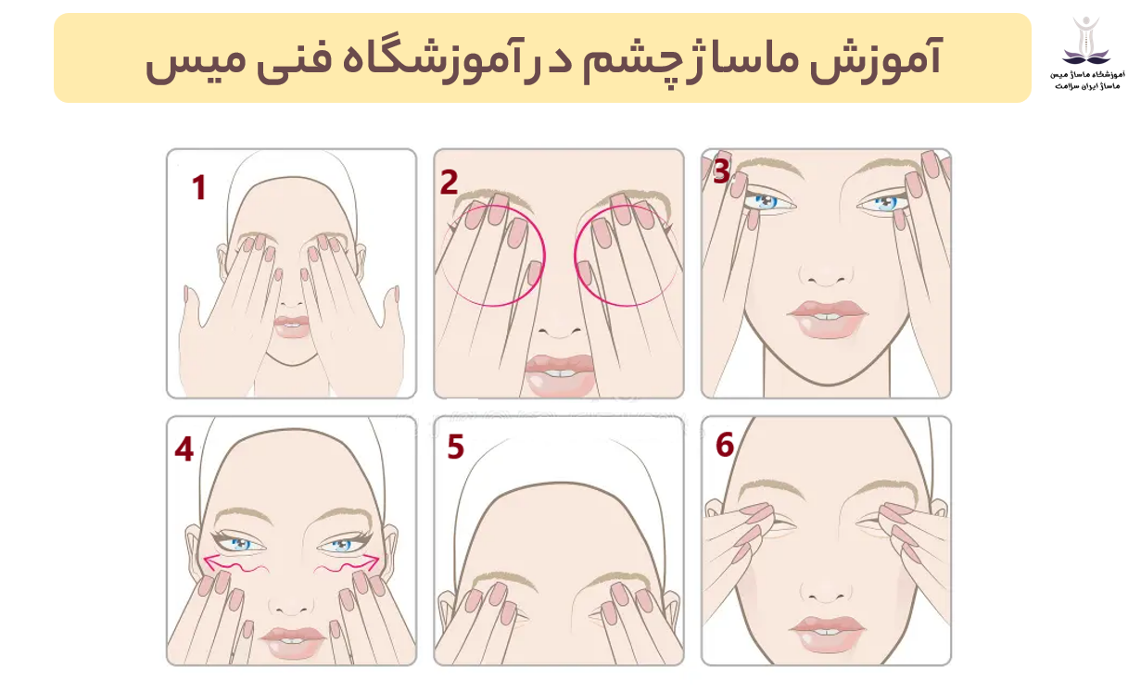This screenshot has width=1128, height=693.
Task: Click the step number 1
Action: (199, 188)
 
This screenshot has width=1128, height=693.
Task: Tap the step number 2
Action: (449, 182)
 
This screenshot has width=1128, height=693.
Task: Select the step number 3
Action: (722, 171)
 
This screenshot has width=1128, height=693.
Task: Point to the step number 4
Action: (184, 448)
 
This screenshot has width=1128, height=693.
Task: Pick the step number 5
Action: (455, 447)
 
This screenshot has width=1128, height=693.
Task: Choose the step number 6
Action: (725, 445)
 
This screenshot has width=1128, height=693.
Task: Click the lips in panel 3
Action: (828, 320)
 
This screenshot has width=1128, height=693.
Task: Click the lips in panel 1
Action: (291, 327)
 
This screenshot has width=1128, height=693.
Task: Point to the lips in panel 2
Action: (559, 375)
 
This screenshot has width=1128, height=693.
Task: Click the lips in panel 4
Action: (292, 643)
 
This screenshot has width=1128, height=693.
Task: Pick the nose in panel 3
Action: (825, 274)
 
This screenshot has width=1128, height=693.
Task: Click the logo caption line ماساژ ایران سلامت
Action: (1087, 86)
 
